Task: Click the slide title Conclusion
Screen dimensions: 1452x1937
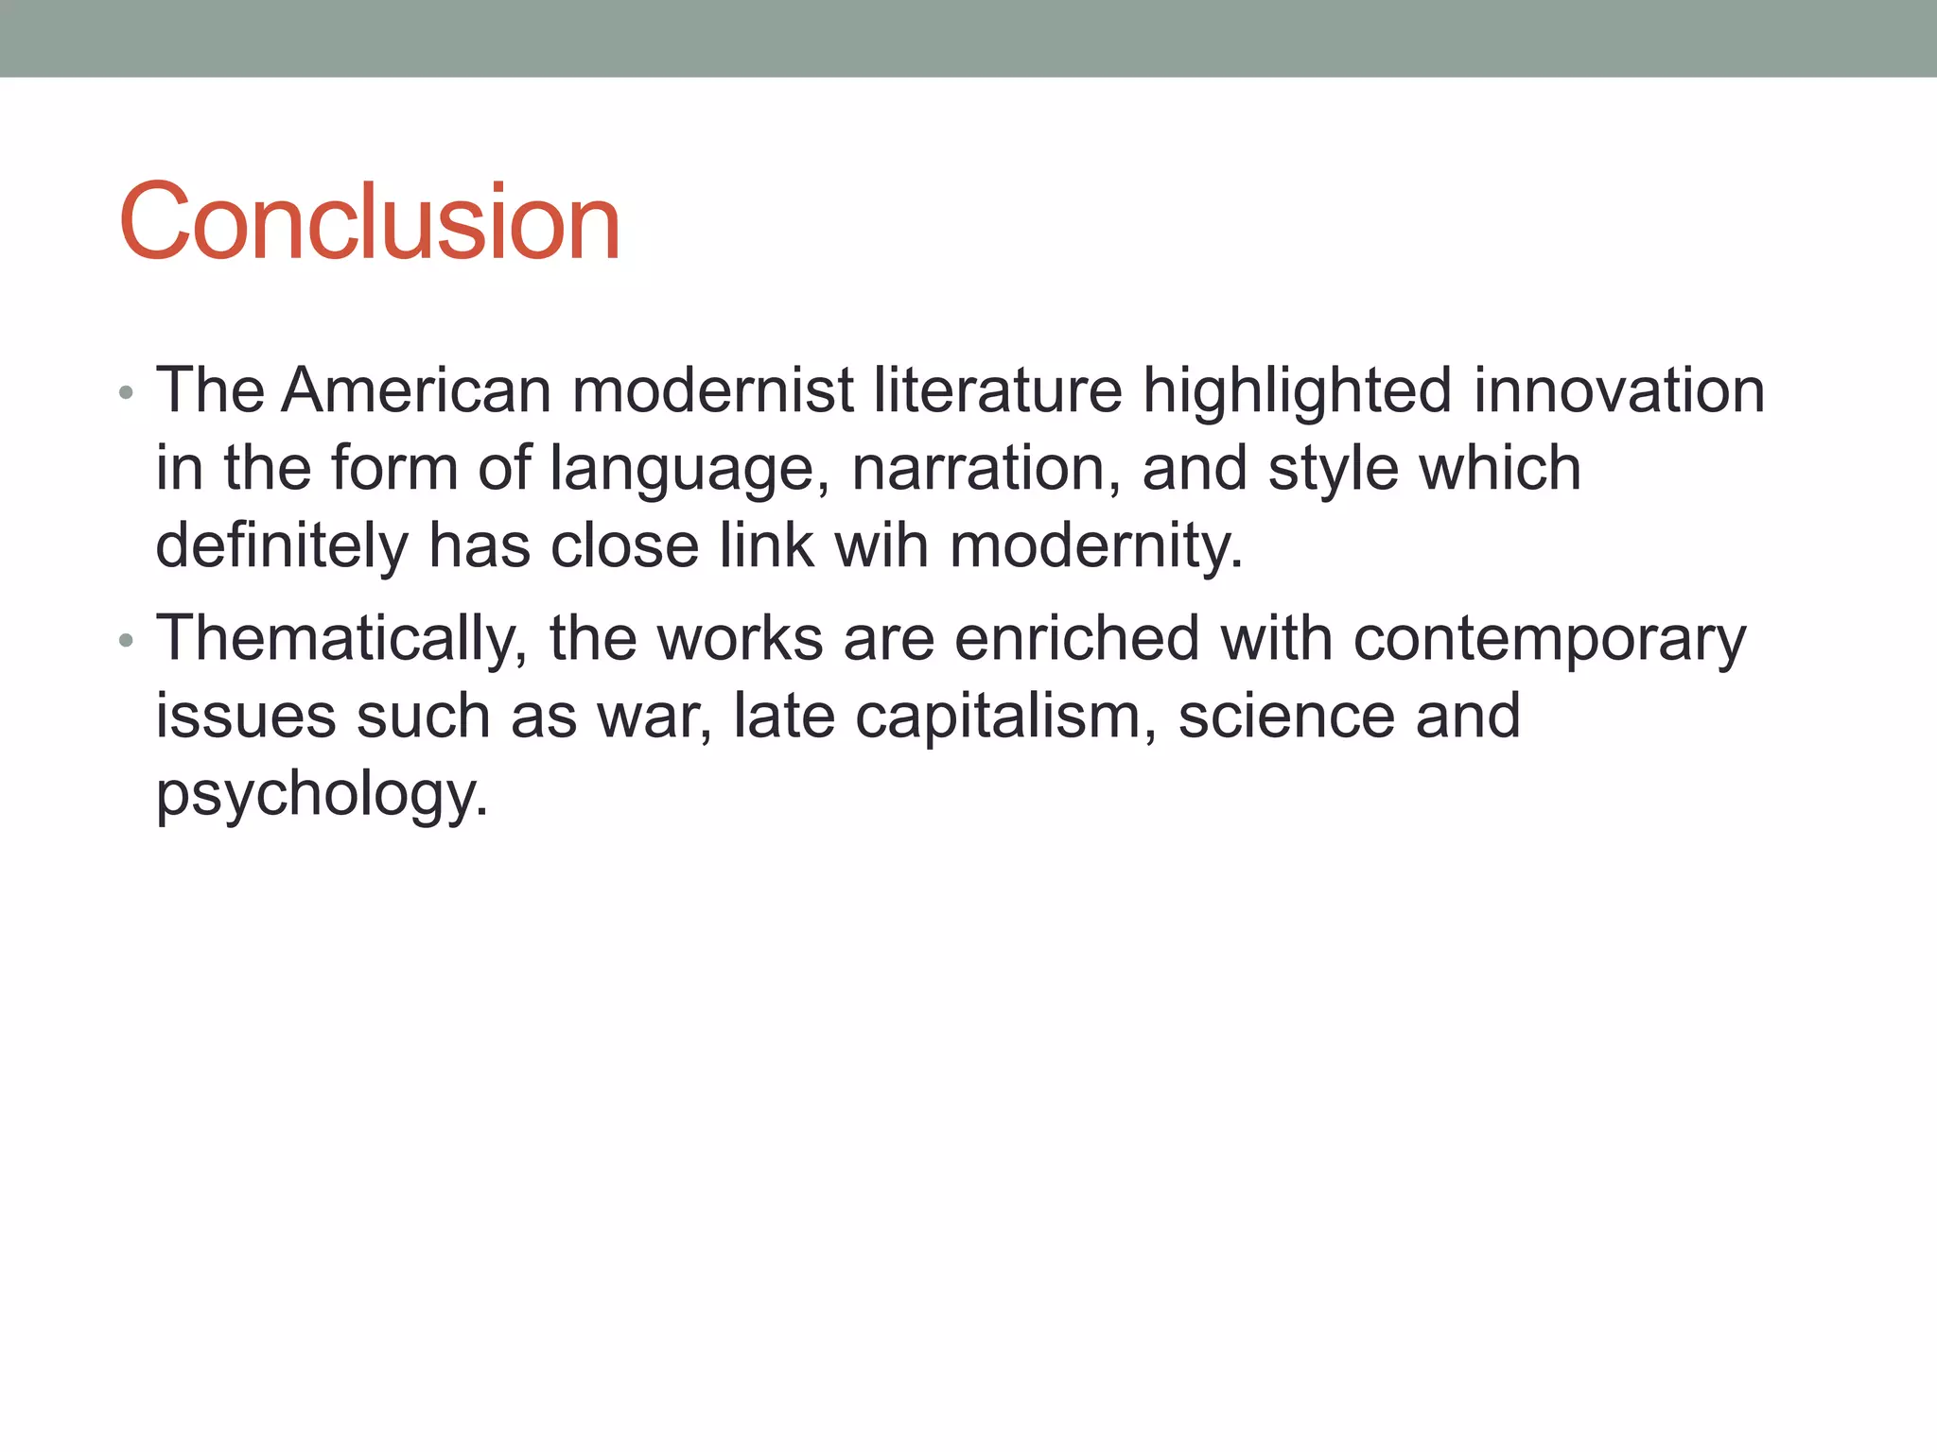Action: click(369, 222)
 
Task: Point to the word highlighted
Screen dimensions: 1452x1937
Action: click(1297, 391)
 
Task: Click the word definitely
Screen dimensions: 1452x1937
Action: click(282, 545)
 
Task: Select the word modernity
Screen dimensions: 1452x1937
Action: click(1096, 547)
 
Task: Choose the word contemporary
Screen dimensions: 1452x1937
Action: click(1549, 640)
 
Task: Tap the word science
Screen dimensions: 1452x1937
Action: click(1286, 716)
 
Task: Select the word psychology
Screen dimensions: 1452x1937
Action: click(322, 795)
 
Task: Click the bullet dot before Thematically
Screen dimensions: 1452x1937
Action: click(127, 642)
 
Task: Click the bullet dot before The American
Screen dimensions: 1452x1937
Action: click(127, 393)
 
